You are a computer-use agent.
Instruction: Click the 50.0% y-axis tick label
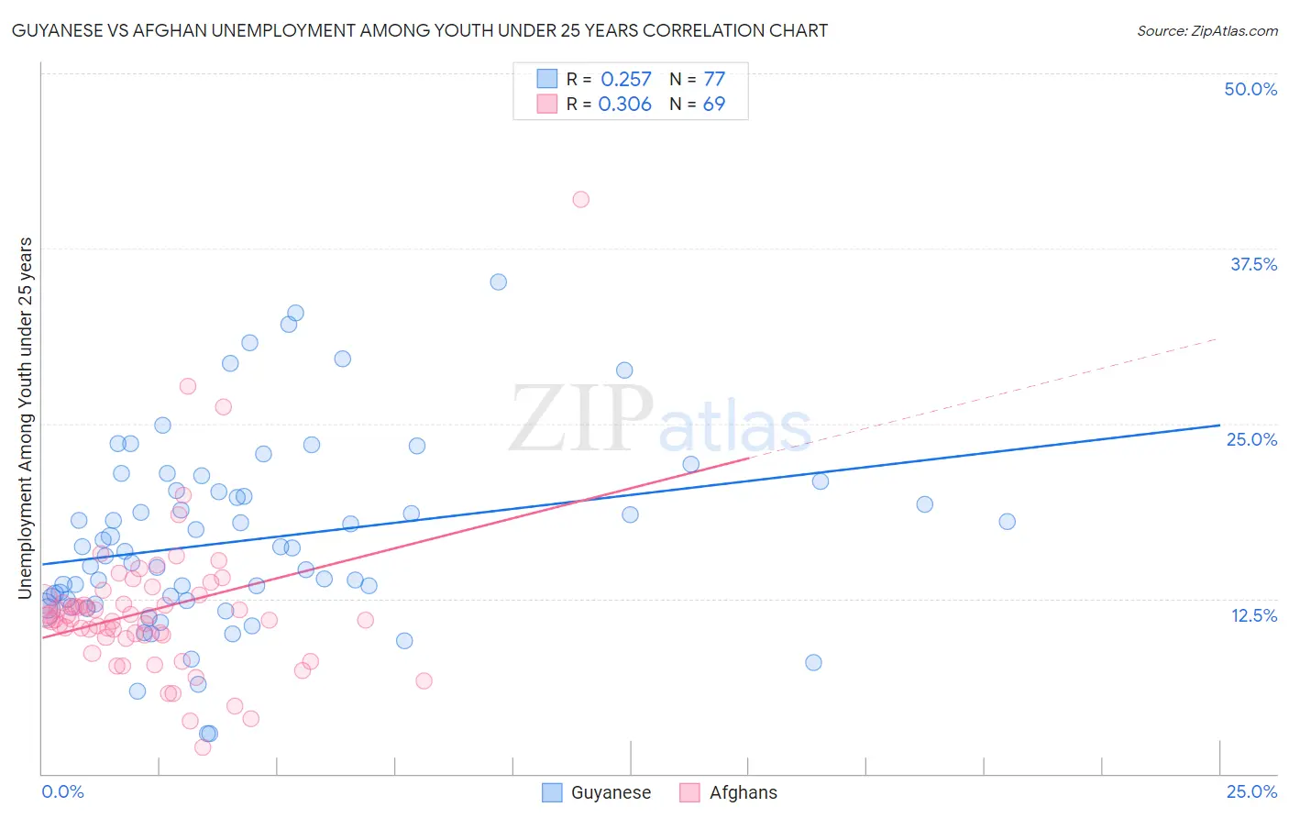tap(1250, 89)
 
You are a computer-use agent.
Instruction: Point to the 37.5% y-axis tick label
tap(1253, 264)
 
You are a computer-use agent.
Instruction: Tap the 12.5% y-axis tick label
tap(1253, 615)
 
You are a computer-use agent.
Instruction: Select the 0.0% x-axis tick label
tap(62, 791)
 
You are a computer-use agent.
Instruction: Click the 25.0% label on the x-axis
tap(1251, 791)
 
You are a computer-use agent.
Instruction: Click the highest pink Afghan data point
tap(580, 199)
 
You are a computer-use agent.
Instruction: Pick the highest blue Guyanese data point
tap(498, 282)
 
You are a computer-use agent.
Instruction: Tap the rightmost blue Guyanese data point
tap(1007, 521)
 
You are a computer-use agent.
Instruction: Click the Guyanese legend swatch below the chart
tap(552, 792)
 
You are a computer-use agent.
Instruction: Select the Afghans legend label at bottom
tap(743, 792)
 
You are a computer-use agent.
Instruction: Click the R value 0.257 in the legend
tap(625, 79)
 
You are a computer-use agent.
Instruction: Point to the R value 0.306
tap(624, 104)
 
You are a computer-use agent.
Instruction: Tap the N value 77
tap(714, 79)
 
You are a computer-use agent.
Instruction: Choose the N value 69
tap(714, 104)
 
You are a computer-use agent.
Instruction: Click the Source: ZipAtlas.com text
tap(1206, 30)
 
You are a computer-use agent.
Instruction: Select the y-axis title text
tap(25, 417)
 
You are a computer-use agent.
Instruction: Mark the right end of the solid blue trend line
tap(1219, 425)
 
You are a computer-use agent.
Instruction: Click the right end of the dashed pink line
tap(1217, 338)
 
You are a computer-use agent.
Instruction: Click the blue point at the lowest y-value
tap(208, 733)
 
